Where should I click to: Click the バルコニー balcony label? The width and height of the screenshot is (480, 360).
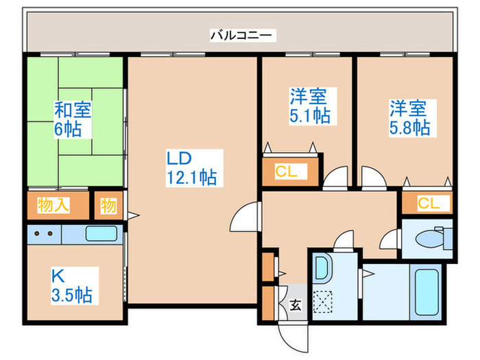tap(241, 35)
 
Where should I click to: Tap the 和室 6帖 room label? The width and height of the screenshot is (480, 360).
tap(73, 119)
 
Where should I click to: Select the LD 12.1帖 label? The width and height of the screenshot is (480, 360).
tap(192, 168)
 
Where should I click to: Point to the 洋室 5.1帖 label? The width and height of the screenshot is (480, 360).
tap(310, 106)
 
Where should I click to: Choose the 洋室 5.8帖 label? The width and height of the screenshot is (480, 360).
tap(409, 117)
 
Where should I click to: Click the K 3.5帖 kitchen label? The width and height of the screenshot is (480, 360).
tap(72, 285)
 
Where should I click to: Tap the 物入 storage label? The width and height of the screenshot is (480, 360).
tap(53, 205)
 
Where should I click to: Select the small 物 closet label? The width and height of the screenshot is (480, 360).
tap(108, 206)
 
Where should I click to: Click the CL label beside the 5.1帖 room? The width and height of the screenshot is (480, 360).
tap(286, 171)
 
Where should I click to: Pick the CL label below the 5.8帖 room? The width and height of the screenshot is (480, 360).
tap(429, 203)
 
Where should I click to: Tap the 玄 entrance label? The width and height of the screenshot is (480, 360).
tap(296, 305)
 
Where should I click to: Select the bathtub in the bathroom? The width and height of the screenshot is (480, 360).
tap(427, 292)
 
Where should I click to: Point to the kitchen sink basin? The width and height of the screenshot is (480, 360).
tap(101, 234)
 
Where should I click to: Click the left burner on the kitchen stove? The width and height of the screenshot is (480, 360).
tap(37, 234)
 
